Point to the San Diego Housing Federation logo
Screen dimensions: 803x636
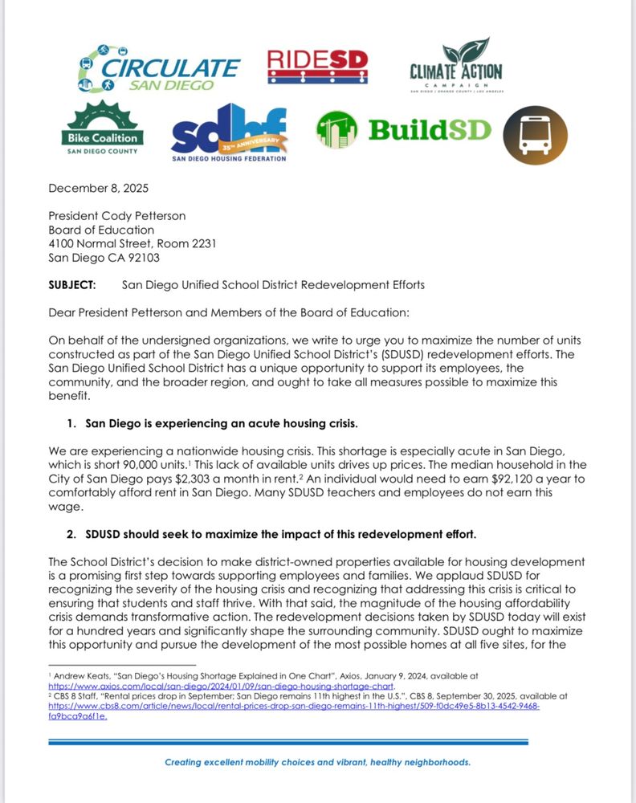(229, 132)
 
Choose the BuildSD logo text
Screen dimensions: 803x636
(429, 129)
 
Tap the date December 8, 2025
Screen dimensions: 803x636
(98, 189)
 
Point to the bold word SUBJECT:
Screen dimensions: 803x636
(71, 284)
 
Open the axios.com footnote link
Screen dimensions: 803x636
(220, 687)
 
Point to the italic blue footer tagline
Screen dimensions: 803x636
(317, 762)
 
